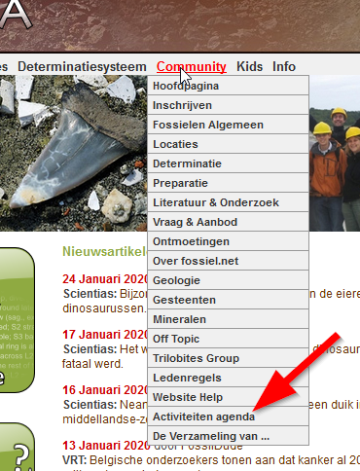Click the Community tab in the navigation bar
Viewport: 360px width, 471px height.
(191, 67)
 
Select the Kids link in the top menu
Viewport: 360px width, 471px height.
(249, 67)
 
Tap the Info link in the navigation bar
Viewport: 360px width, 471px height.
(284, 67)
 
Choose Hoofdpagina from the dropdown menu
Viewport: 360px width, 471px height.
(185, 87)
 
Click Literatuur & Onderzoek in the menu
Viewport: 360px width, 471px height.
(216, 202)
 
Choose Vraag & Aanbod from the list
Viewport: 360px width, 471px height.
(195, 222)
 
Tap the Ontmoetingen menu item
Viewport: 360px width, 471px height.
(191, 241)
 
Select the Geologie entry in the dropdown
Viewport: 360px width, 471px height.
(176, 280)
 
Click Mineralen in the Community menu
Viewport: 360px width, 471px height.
(180, 319)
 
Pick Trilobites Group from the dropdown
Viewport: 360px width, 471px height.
(196, 358)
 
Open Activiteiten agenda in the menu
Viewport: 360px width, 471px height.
(203, 416)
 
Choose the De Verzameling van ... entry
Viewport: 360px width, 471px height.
(210, 435)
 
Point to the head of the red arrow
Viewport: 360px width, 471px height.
(256, 409)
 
